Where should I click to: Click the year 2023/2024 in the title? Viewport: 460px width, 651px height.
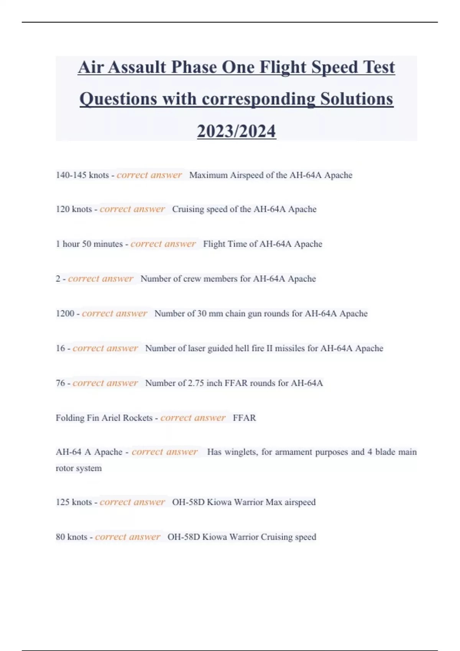click(236, 131)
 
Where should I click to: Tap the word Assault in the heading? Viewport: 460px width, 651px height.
click(137, 67)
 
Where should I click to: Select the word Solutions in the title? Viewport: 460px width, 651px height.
click(356, 99)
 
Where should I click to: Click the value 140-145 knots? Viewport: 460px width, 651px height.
click(82, 175)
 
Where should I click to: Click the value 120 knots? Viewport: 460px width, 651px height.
click(74, 209)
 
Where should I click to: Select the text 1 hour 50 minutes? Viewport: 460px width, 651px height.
click(89, 244)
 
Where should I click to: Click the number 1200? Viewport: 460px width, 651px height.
click(65, 314)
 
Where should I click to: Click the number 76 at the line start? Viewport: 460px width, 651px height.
click(60, 383)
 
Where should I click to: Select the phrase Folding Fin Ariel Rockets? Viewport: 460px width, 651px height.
click(104, 418)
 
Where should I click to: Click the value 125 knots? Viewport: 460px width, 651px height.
click(74, 502)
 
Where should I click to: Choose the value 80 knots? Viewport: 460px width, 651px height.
click(71, 537)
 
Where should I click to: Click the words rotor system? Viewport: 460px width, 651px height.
click(79, 468)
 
